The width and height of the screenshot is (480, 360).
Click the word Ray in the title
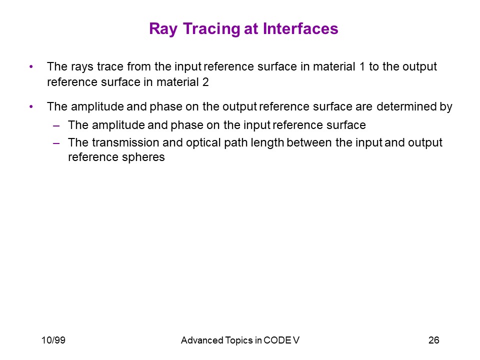point(163,29)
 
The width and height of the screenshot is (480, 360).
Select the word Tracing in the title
point(211,29)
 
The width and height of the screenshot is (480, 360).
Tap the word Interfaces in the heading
point(300,28)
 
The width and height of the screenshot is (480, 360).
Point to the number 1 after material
point(362,66)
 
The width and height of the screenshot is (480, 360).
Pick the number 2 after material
point(205,82)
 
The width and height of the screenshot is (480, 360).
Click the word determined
point(405,106)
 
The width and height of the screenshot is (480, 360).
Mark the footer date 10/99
point(53,340)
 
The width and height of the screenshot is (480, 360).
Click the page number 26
point(434,340)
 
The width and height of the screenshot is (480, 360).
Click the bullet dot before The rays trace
point(31,66)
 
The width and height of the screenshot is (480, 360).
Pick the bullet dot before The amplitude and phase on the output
point(31,107)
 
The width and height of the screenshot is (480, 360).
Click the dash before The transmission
point(56,143)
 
